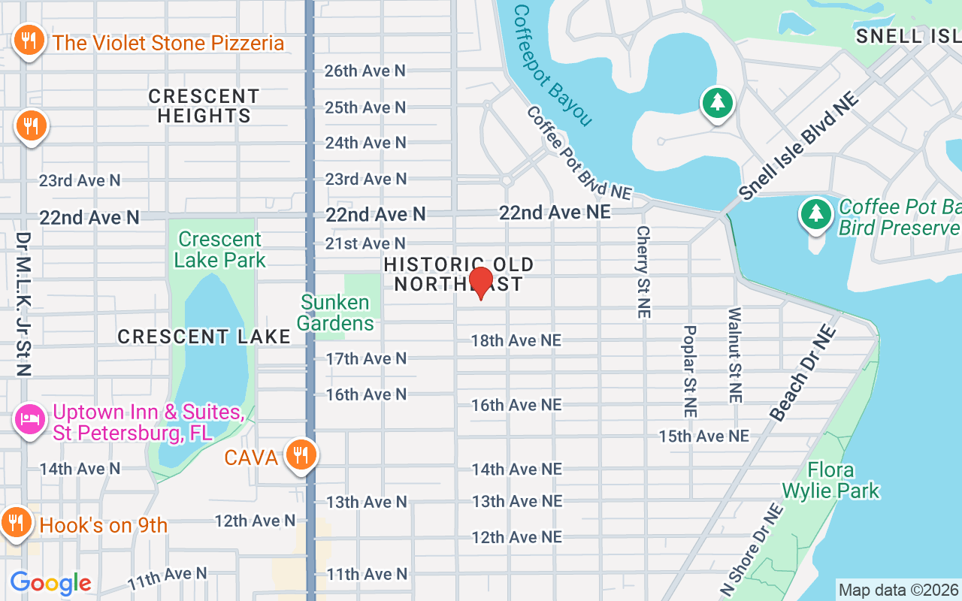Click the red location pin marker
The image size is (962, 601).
pos(480,282)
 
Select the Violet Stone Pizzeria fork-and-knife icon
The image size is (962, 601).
pos(29,41)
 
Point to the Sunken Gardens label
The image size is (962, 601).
pos(335,313)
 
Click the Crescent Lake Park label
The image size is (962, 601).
pos(219,250)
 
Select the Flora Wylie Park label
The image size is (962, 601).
pos(830,481)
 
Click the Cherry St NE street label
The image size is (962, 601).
pos(643,272)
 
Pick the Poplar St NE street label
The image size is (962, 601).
pos(690,371)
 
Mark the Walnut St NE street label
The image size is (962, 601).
pos(735,355)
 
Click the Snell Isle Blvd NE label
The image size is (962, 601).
pos(798,146)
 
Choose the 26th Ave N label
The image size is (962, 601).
pos(365,71)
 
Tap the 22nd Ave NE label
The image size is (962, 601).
pos(555,213)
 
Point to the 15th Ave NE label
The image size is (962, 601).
pos(703,436)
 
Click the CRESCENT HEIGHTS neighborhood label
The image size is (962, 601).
pos(203,106)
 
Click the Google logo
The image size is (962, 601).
pos(50,583)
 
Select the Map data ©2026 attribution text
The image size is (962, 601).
pos(898,590)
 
